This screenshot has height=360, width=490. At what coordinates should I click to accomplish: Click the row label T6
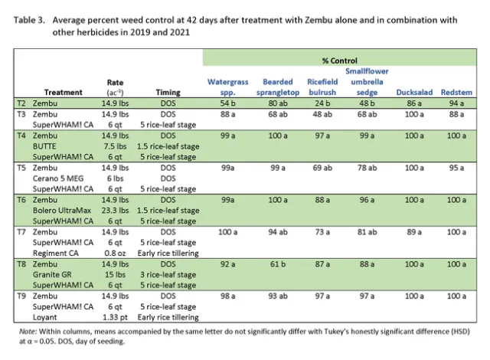point(22,198)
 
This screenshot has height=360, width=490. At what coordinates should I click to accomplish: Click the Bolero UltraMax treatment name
point(61,209)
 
